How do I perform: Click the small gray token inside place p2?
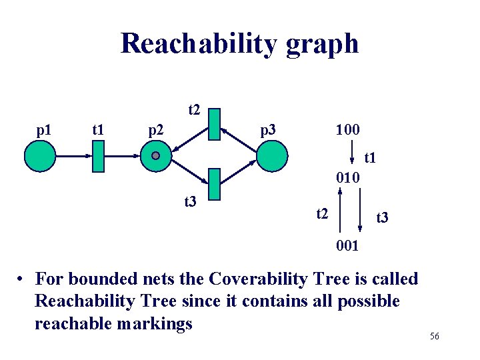pos(155,156)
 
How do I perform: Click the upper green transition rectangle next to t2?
pos(213,124)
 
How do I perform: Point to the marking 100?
pos(348,128)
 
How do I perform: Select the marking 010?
pos(348,178)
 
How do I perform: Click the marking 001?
pos(348,246)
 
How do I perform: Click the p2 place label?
pos(155,129)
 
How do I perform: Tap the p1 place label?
pos(45,129)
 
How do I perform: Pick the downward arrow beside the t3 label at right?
pos(359,212)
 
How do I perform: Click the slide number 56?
pos(434,337)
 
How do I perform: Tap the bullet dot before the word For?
pos(22,279)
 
